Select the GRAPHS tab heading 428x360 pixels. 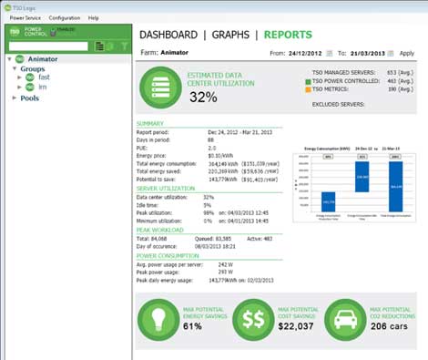[x=231, y=35]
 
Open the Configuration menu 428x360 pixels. [x=65, y=17]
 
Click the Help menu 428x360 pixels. [x=94, y=17]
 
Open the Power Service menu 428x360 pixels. [x=25, y=17]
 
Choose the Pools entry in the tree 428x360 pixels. [x=30, y=98]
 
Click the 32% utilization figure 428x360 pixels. [x=202, y=97]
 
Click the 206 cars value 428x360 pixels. [x=390, y=327]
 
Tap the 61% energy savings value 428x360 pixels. [x=194, y=327]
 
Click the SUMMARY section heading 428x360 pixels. [x=150, y=123]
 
